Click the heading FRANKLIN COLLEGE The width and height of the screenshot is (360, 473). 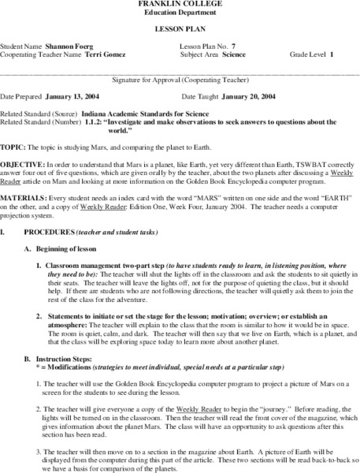180,4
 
